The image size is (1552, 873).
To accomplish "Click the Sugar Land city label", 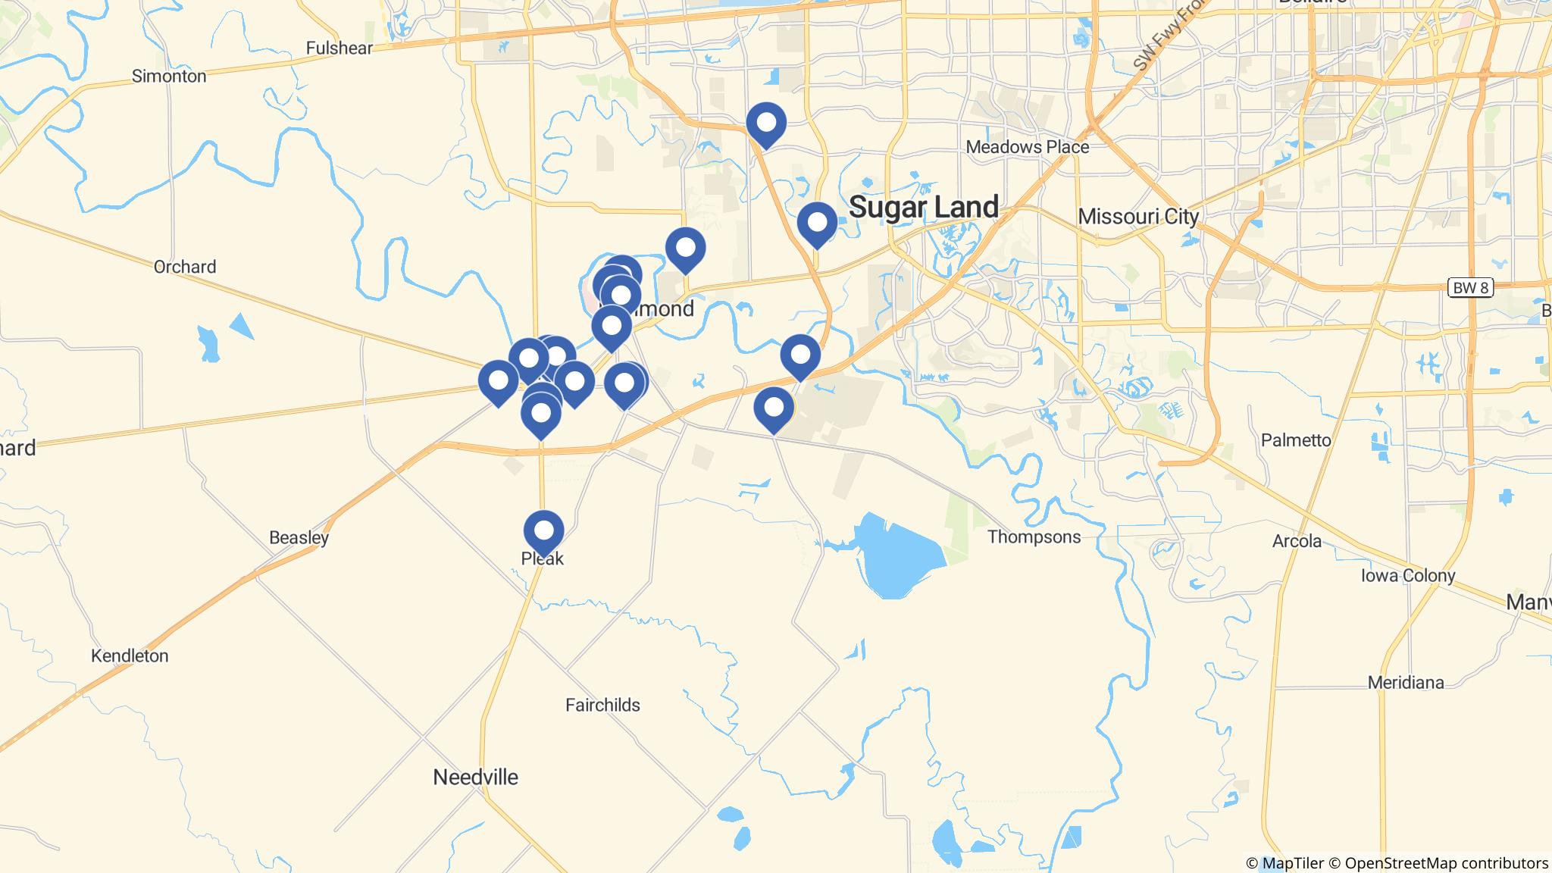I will [x=923, y=207].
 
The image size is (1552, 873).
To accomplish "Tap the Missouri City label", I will [x=1138, y=217].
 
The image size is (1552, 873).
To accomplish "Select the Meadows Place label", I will [x=1027, y=147].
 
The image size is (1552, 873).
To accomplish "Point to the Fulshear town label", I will [x=339, y=48].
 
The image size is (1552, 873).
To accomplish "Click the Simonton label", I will [x=169, y=77].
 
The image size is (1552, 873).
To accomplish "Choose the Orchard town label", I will [x=185, y=267].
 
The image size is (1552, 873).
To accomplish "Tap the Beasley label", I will [x=299, y=538].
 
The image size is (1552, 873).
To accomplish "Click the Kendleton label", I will [x=130, y=656].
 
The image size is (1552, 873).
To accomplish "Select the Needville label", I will [x=476, y=777].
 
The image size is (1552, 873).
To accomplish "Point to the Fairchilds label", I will [x=602, y=706].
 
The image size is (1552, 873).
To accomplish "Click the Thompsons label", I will [x=1034, y=537].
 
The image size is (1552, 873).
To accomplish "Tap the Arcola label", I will [x=1297, y=541].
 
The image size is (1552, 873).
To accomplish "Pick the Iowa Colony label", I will [x=1408, y=576].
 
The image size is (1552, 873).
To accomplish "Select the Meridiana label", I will [x=1406, y=683].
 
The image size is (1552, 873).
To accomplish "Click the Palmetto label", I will [x=1296, y=440].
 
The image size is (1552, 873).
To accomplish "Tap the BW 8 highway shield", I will [x=1470, y=288].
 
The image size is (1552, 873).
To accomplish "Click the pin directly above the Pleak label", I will [x=543, y=530].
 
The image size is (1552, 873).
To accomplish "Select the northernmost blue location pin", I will [x=766, y=123].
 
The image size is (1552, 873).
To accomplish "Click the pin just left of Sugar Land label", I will [x=817, y=223].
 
